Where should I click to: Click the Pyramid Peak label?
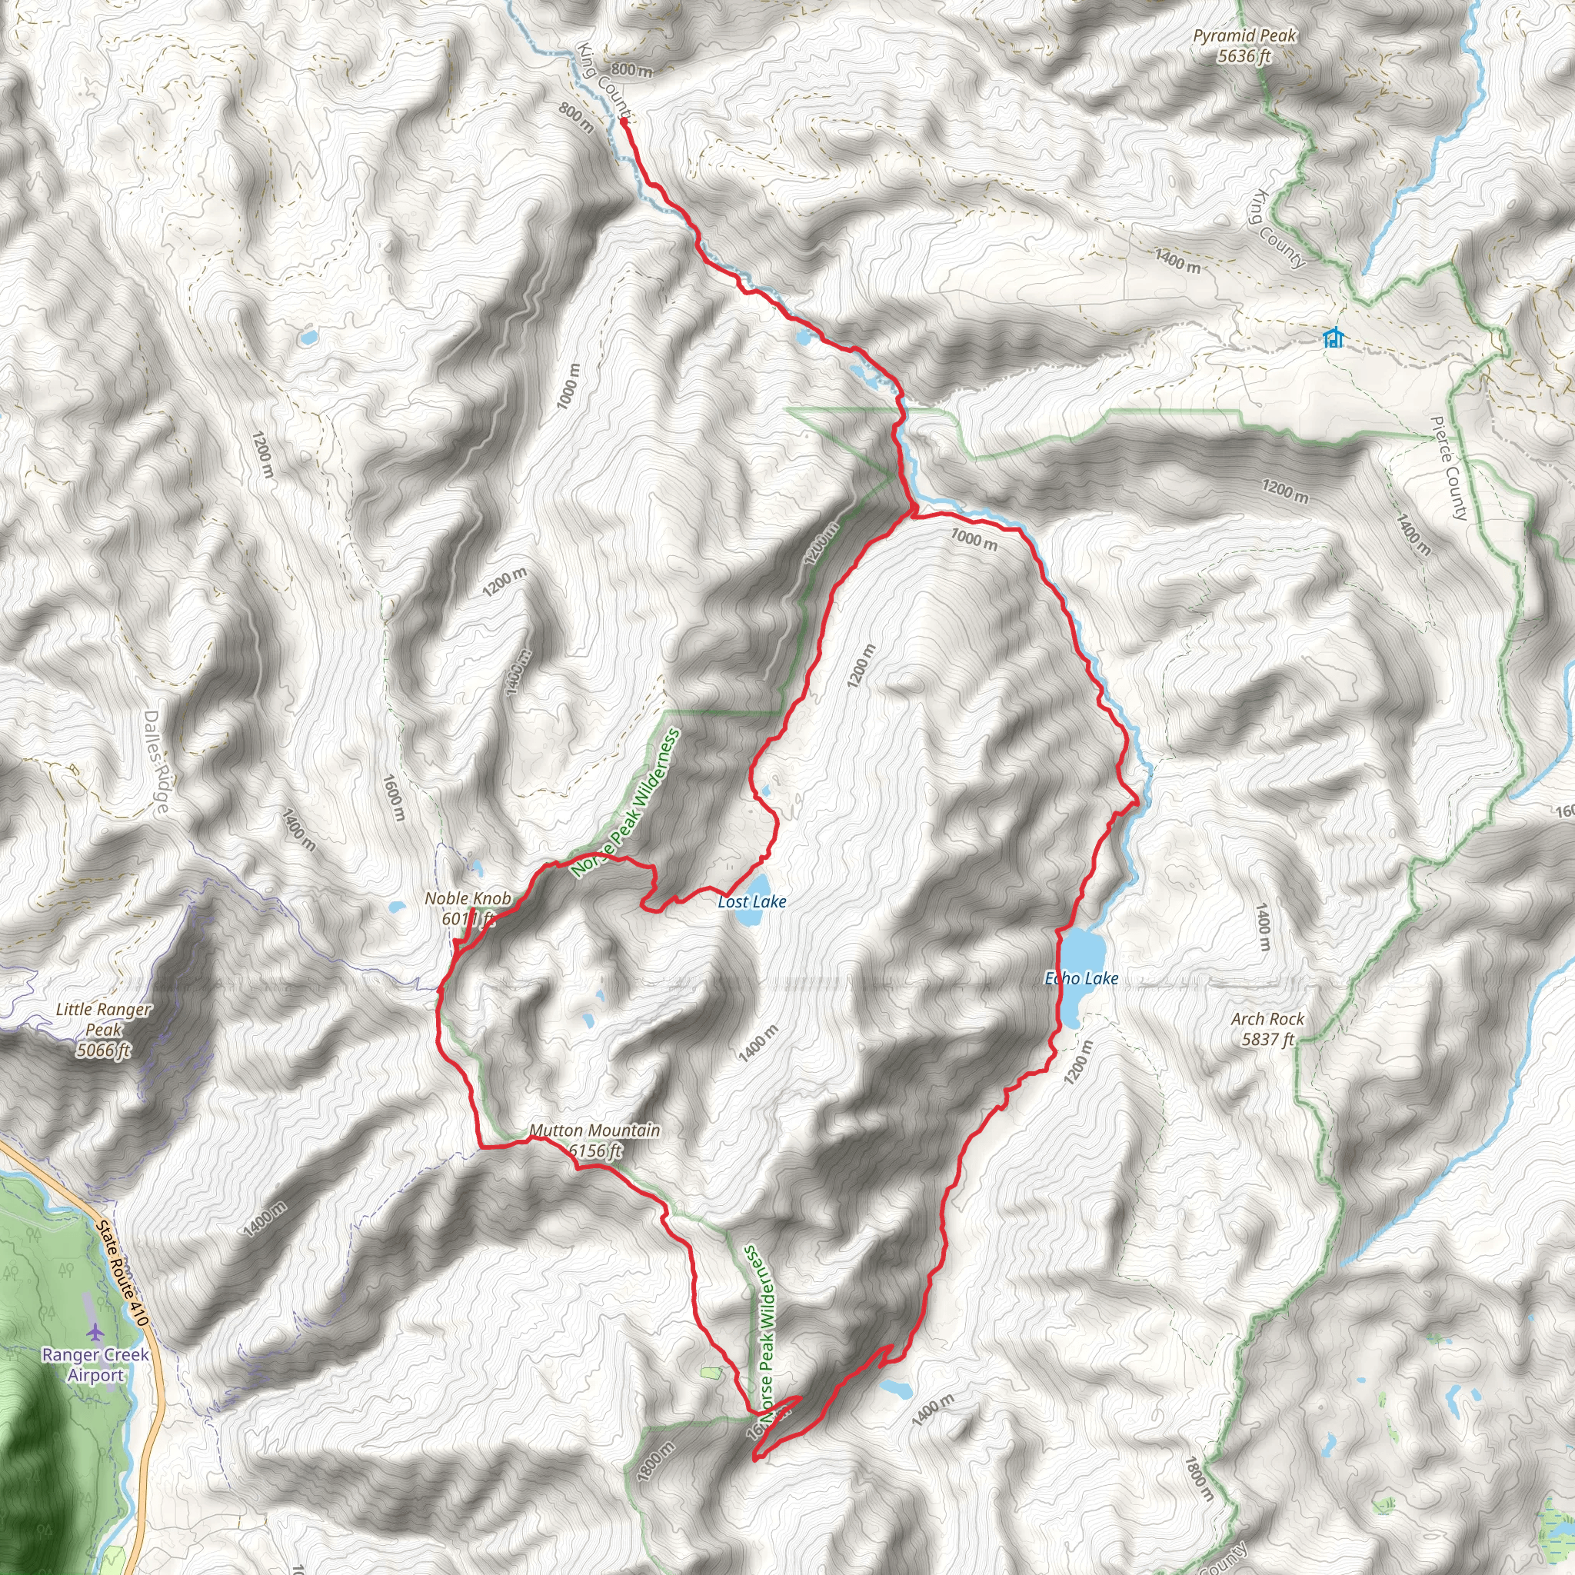[x=1244, y=45]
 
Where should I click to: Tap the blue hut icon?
[x=1333, y=337]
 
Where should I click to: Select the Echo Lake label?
[x=1081, y=978]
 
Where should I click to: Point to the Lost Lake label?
[x=751, y=901]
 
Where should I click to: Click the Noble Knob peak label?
[x=468, y=908]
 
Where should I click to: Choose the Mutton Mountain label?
[x=594, y=1140]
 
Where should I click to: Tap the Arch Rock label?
[x=1267, y=1029]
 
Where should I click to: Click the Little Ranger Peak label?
[x=104, y=1029]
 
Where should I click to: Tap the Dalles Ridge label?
[x=155, y=761]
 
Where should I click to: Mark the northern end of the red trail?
[x=624, y=122]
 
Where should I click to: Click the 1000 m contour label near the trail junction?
[x=974, y=539]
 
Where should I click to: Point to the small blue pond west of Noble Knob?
[x=397, y=907]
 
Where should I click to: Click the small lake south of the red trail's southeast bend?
[x=895, y=1388]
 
